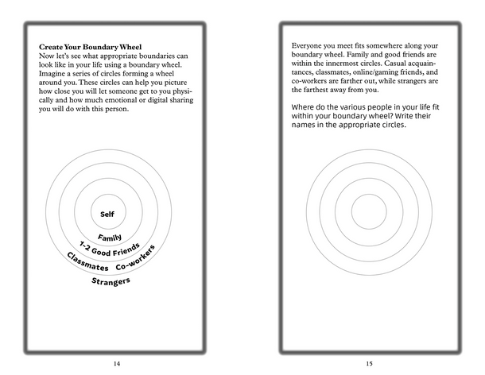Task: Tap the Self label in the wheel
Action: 108,214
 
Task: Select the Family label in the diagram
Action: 108,237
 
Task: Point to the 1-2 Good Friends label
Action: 108,250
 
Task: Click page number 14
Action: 117,363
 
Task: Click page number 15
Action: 369,363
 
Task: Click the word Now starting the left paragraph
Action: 47,57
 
